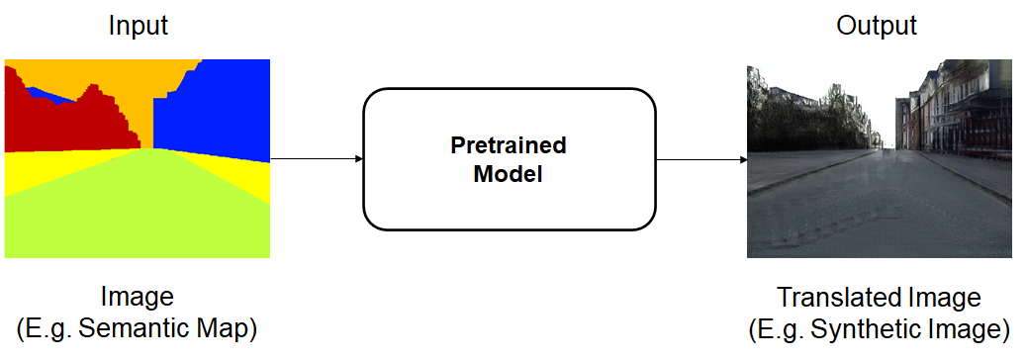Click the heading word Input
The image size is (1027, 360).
coord(139,26)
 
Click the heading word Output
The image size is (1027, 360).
coord(877,26)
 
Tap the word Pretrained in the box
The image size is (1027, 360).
coord(509,145)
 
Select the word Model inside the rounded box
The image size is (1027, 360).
coord(509,175)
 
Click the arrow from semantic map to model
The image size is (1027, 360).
coord(317,159)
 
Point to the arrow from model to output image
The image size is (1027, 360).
coord(701,159)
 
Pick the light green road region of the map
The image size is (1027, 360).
coord(138,210)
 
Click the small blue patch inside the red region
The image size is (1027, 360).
coord(49,96)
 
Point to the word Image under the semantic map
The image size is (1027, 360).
coord(138,298)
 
